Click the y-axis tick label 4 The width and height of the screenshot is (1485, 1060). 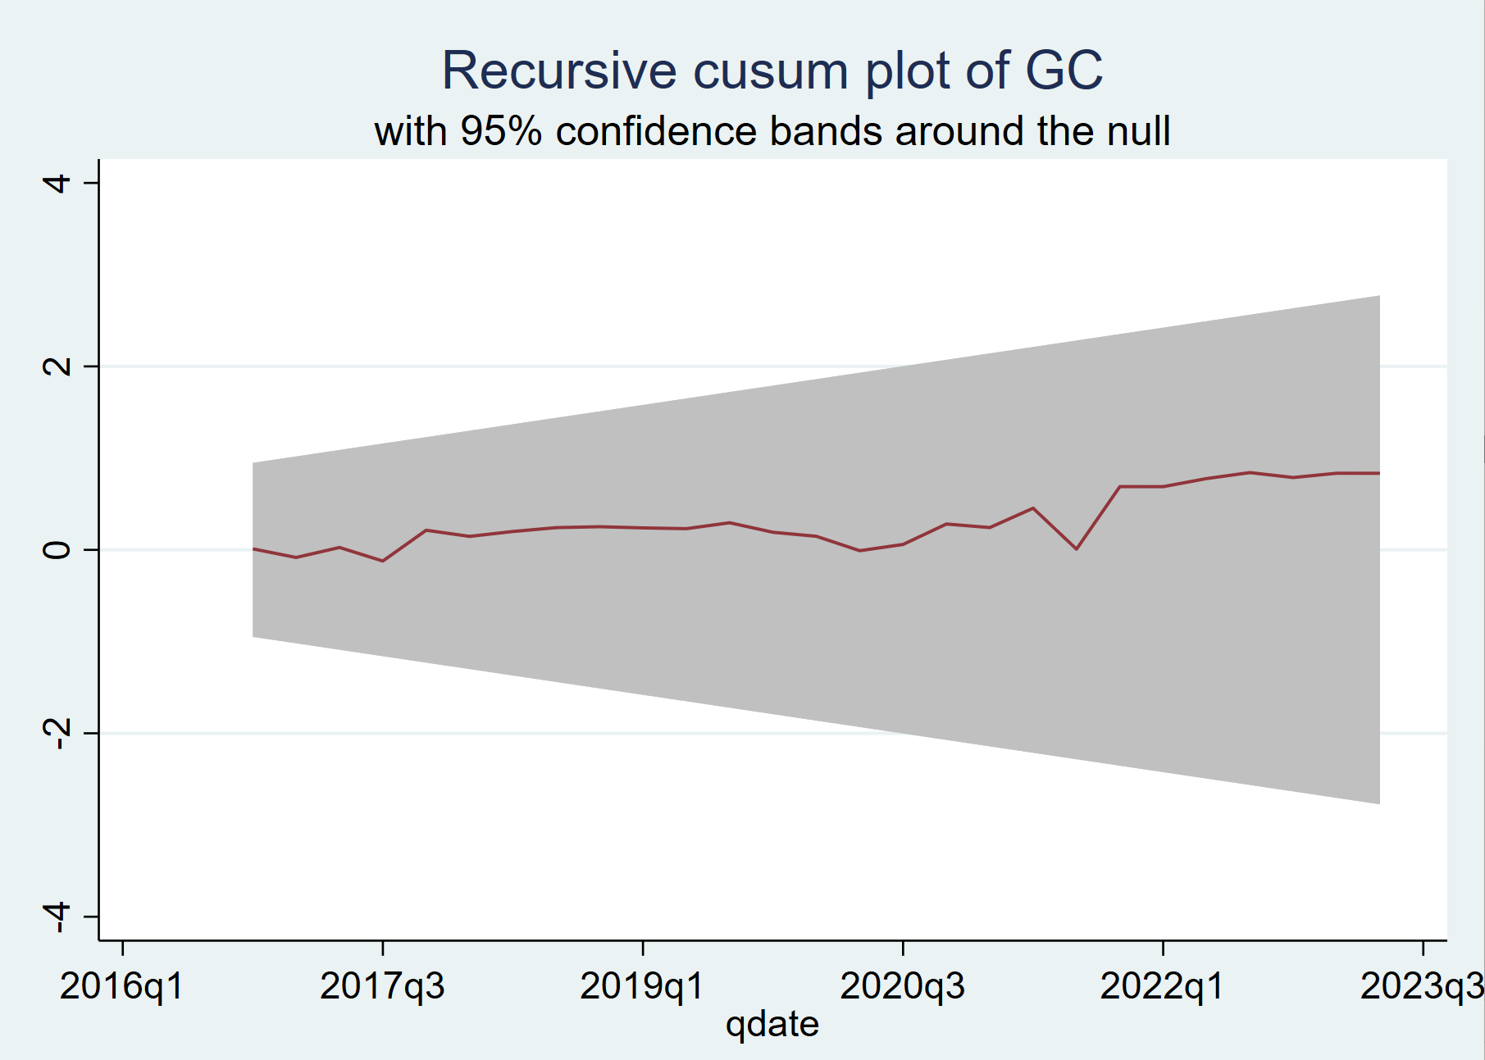[57, 182]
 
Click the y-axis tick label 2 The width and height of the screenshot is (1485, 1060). [57, 366]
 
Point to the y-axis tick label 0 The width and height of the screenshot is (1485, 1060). [57, 549]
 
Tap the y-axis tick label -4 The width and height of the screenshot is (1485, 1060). [57, 917]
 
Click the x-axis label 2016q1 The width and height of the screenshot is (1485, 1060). [122, 986]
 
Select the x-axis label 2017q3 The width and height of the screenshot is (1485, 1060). [382, 986]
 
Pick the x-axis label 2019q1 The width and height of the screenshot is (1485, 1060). [642, 986]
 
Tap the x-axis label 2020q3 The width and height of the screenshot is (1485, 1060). [902, 986]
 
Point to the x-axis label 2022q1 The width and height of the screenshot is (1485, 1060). [1162, 986]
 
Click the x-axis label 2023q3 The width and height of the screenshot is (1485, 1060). [1421, 986]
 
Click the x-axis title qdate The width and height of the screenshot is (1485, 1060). [772, 1024]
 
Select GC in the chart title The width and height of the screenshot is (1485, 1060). [1064, 71]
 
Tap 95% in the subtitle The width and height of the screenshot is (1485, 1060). [501, 131]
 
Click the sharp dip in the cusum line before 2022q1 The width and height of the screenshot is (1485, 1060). [1076, 548]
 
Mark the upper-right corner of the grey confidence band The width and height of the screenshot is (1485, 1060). [1379, 296]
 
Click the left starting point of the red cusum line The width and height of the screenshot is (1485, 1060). [253, 548]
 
